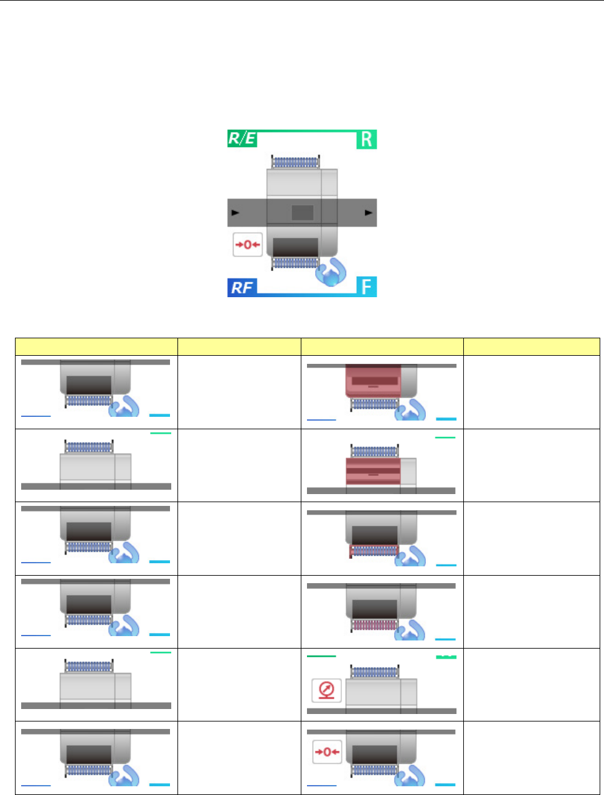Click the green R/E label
[x=242, y=138]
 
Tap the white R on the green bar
[x=367, y=139]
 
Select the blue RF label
[x=242, y=287]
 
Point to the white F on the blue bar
[x=367, y=287]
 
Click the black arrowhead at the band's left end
[x=235, y=212]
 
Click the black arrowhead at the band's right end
[x=369, y=212]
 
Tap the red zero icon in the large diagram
[x=247, y=244]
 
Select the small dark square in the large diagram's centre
[x=303, y=212]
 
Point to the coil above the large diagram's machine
[x=296, y=163]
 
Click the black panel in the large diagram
[x=296, y=247]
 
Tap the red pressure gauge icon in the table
[x=326, y=690]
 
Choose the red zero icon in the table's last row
[x=327, y=752]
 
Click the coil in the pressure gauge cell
[x=374, y=672]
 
